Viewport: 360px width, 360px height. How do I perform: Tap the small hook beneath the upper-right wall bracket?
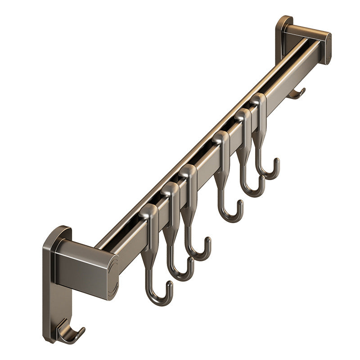click(x=297, y=94)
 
